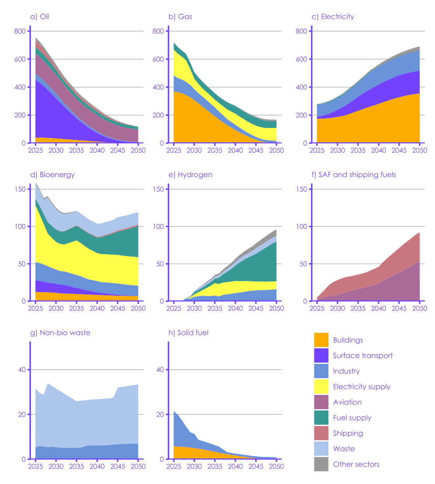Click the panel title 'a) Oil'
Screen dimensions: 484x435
tap(40, 17)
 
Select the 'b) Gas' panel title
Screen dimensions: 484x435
tap(180, 17)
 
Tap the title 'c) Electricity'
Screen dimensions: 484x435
tap(333, 17)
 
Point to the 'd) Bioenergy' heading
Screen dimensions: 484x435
tap(52, 175)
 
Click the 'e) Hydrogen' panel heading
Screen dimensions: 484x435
tap(190, 175)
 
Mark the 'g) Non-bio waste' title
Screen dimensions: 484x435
tap(60, 333)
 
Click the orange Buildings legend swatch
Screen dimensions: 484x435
tap(321, 340)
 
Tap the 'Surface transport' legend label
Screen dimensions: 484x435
tap(362, 356)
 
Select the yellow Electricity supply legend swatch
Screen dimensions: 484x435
tap(321, 387)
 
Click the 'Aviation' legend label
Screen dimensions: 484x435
tap(347, 402)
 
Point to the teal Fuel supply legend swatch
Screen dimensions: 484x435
tap(321, 418)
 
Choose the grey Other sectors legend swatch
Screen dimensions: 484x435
tap(321, 464)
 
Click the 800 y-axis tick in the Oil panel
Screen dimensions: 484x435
tap(20, 31)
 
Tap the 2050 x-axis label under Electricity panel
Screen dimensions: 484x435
tap(419, 150)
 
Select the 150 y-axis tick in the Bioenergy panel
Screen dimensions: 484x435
tap(20, 189)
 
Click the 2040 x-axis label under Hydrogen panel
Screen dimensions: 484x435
tap(235, 308)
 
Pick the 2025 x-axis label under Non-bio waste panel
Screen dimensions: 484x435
tap(35, 467)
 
